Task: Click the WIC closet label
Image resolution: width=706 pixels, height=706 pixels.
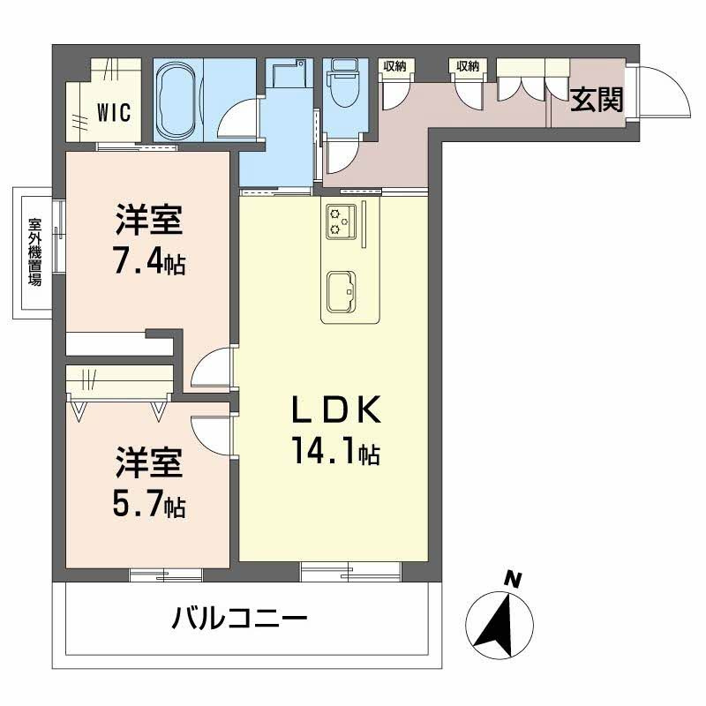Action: pyautogui.click(x=114, y=113)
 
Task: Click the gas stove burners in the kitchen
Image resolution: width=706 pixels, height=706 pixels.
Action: pyautogui.click(x=341, y=221)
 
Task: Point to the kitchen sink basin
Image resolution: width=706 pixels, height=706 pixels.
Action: pyautogui.click(x=342, y=292)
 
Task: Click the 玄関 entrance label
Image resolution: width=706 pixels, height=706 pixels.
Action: pyautogui.click(x=597, y=100)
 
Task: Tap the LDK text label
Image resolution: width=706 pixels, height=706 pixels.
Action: pyautogui.click(x=337, y=409)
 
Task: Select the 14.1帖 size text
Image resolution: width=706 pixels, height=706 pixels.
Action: pyautogui.click(x=336, y=450)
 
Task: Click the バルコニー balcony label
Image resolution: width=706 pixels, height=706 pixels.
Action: pyautogui.click(x=239, y=617)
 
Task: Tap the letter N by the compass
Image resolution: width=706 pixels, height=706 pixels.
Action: pyautogui.click(x=513, y=580)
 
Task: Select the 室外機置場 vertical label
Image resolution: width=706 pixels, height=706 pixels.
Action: pyautogui.click(x=34, y=252)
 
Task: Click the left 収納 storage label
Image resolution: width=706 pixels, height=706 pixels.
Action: pyautogui.click(x=394, y=66)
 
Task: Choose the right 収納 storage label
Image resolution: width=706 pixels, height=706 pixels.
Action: pyautogui.click(x=468, y=66)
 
